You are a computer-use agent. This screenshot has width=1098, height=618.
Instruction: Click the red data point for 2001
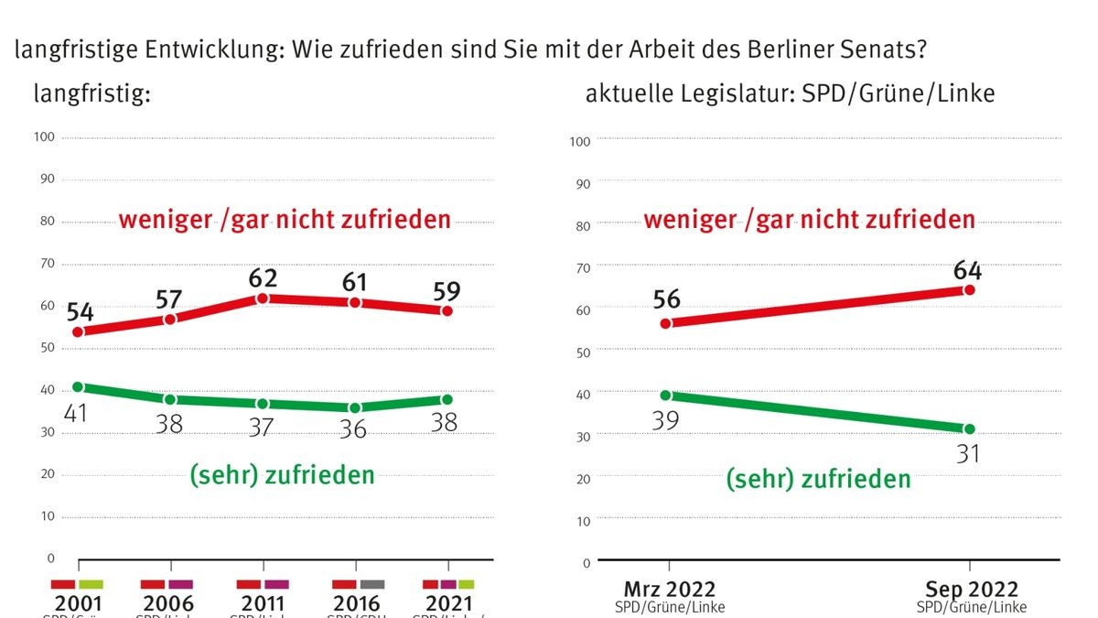click(79, 331)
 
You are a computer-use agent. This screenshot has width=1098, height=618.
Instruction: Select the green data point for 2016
click(355, 407)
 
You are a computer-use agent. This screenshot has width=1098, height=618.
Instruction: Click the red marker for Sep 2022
click(969, 289)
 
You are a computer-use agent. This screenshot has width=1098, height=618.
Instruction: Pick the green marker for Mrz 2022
click(667, 396)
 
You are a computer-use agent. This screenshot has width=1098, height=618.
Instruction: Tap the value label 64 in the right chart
click(966, 270)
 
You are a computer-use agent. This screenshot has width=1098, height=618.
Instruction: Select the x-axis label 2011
click(262, 604)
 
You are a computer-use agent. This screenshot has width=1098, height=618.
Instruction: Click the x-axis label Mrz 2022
click(668, 590)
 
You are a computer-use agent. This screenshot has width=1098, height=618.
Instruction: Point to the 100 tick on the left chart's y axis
click(45, 137)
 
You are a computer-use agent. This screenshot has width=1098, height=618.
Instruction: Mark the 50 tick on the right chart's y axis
click(581, 351)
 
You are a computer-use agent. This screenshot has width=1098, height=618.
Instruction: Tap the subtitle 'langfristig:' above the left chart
click(91, 92)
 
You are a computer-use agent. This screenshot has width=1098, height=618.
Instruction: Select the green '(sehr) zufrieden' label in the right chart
click(818, 479)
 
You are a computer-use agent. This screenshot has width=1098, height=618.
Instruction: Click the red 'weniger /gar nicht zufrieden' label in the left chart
click(285, 220)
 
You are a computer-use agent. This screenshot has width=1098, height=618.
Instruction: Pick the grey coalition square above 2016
click(372, 584)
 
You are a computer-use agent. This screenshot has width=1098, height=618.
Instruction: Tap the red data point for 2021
click(447, 310)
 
